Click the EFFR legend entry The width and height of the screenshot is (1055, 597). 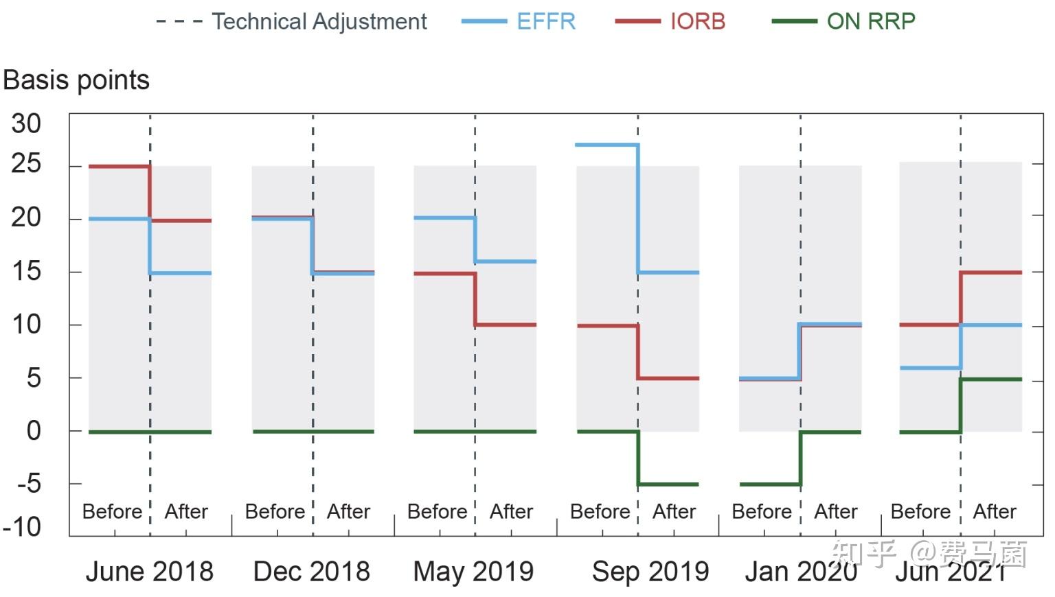point(545,21)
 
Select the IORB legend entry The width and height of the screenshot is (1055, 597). point(697,21)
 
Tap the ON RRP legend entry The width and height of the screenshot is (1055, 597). point(870,21)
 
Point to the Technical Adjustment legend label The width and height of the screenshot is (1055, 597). point(319,21)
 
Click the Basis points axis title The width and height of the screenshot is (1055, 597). point(76,80)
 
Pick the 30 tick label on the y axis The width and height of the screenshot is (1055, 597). point(26,124)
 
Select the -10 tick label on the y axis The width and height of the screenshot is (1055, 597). point(22,527)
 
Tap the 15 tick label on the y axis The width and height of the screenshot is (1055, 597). point(26,271)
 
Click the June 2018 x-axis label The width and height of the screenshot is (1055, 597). point(149,571)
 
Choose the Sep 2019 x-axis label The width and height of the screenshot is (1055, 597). point(650,571)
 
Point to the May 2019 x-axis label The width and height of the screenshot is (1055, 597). point(473,571)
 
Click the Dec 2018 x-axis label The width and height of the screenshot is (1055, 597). point(311,571)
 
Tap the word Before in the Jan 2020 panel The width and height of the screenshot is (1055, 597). point(762,511)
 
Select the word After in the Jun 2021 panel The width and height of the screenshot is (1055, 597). point(994,511)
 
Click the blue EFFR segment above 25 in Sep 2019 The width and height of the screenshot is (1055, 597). point(606,145)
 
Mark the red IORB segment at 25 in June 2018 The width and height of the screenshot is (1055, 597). point(120,166)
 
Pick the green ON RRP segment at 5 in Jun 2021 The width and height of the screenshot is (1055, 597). point(991,379)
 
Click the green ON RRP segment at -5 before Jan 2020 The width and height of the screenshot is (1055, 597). point(769,484)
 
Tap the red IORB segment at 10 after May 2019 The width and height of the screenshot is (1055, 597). point(506,325)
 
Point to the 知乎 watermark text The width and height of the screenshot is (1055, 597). point(863,553)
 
